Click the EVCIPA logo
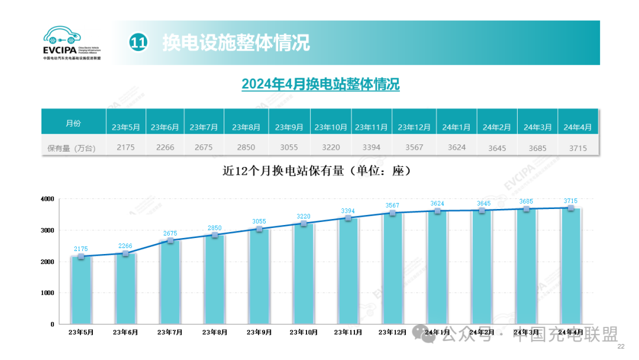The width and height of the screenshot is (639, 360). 72,43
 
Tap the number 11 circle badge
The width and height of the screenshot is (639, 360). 138,43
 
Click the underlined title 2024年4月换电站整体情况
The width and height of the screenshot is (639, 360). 320,84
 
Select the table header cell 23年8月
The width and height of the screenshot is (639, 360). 246,127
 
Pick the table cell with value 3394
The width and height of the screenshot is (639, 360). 371,147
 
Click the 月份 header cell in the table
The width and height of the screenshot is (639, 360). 73,123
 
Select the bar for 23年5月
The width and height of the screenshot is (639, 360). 81,290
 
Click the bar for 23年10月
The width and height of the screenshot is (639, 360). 304,274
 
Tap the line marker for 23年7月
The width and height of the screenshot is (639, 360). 170,240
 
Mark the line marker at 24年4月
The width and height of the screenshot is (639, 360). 570,208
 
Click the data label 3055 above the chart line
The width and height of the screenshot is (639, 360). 259,221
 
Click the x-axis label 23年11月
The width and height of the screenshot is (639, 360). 348,333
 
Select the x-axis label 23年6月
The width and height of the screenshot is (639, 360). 125,333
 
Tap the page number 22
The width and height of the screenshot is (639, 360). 621,346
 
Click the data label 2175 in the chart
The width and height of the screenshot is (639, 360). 81,249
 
